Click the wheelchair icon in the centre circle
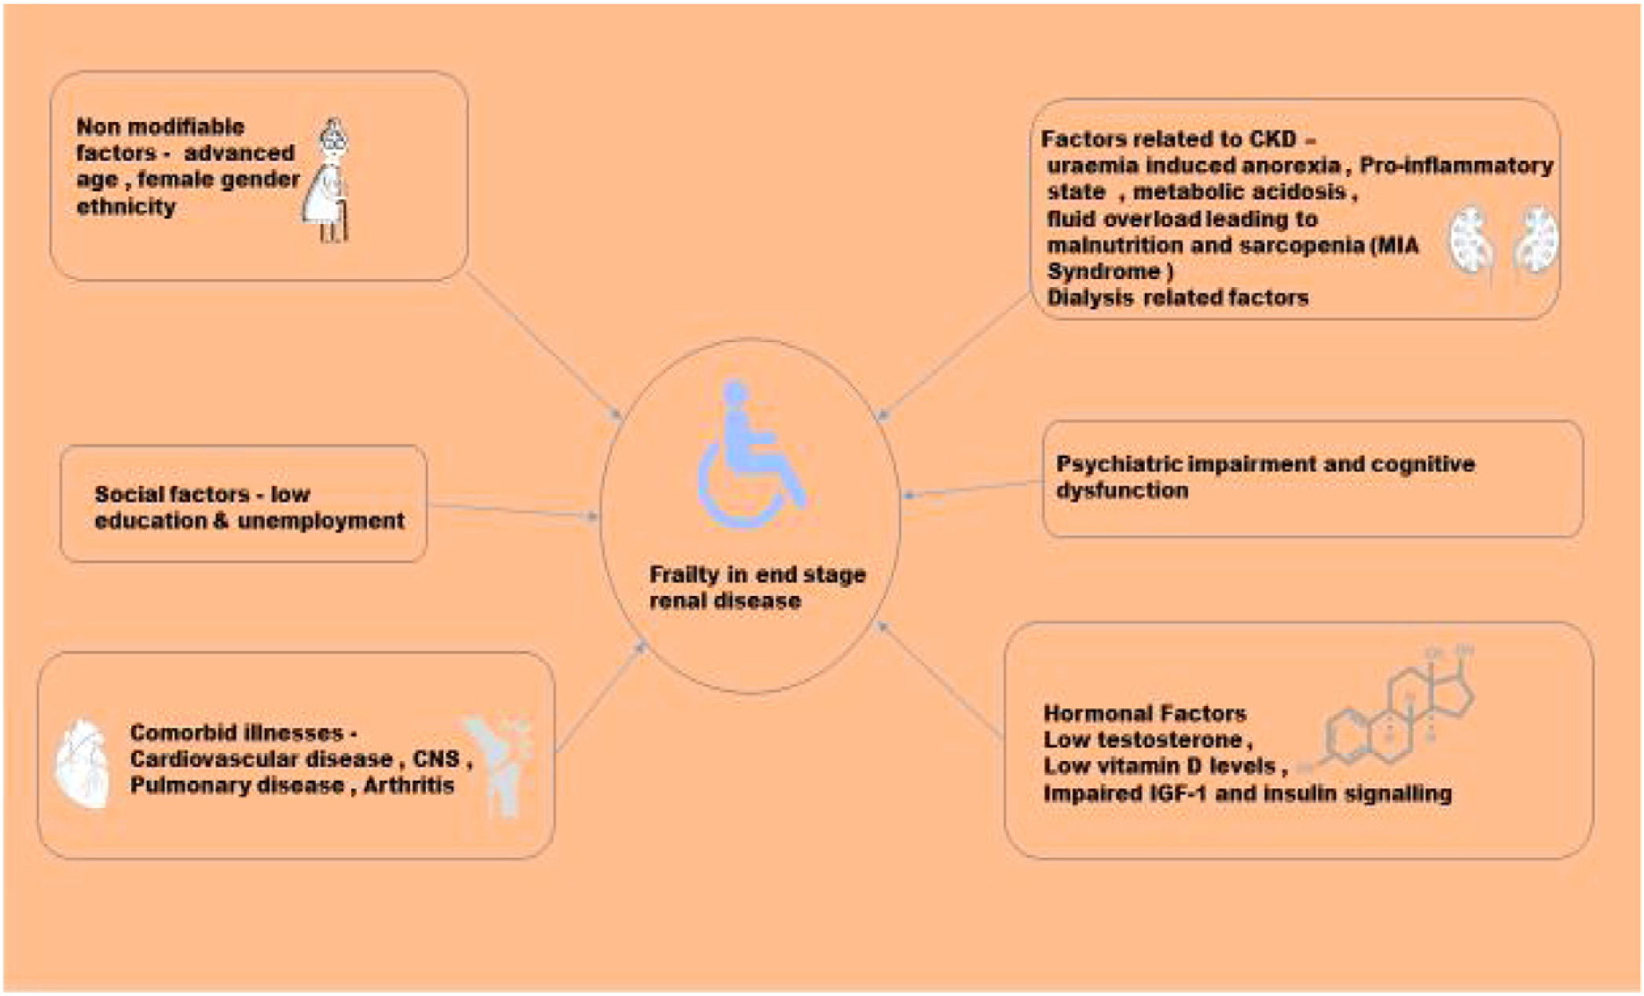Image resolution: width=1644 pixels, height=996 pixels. [747, 456]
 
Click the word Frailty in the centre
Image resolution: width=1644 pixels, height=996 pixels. [684, 575]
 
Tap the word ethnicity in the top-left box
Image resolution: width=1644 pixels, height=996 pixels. [126, 208]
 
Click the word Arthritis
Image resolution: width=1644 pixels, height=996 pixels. [409, 785]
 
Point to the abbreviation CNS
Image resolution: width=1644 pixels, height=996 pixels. [436, 759]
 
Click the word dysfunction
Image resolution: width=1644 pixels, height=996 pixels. [1121, 491]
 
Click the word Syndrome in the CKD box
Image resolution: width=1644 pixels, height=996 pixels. [1103, 272]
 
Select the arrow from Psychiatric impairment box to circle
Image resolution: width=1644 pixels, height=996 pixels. [971, 489]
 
